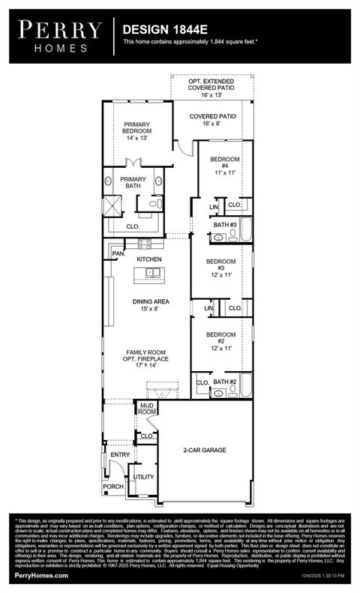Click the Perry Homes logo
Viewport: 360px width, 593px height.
click(x=60, y=35)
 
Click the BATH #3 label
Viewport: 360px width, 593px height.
click(x=225, y=225)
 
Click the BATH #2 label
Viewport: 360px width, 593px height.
click(x=225, y=382)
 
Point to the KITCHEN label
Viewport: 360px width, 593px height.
click(x=148, y=259)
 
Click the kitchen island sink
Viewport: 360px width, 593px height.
click(x=152, y=273)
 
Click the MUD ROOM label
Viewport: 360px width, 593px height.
click(x=147, y=409)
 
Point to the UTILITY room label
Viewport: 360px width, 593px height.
click(x=143, y=476)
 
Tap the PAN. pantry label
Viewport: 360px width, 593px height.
click(x=118, y=253)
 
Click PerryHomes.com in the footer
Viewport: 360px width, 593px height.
click(x=41, y=575)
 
